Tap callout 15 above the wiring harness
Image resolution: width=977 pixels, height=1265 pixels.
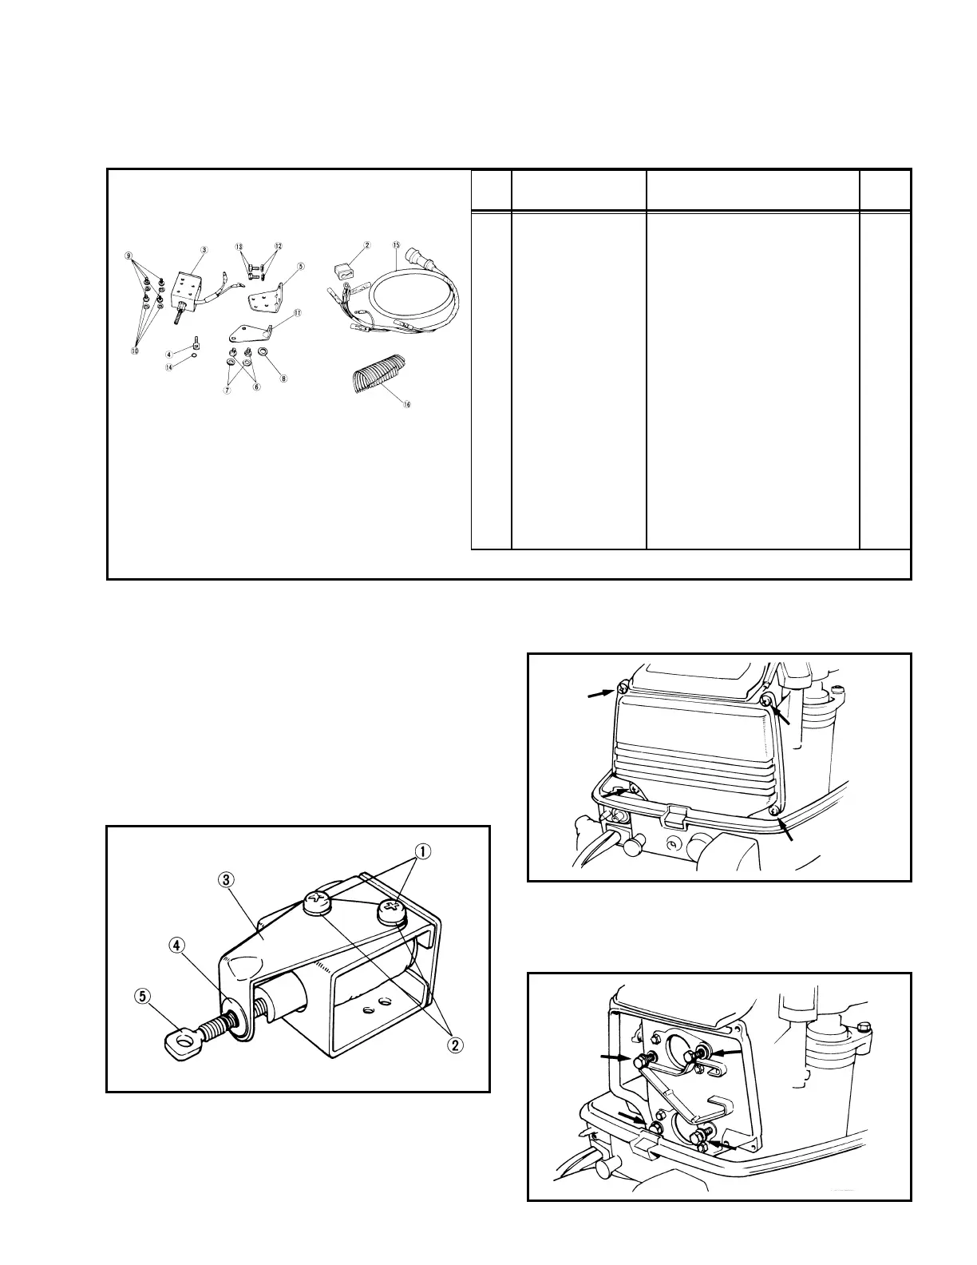pos(397,243)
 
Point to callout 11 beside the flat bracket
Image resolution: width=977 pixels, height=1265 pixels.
pos(296,314)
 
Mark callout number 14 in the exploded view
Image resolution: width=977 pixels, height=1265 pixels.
pos(169,367)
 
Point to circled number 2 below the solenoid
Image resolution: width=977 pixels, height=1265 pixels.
pos(456,1045)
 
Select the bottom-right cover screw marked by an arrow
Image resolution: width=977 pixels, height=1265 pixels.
pos(775,811)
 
